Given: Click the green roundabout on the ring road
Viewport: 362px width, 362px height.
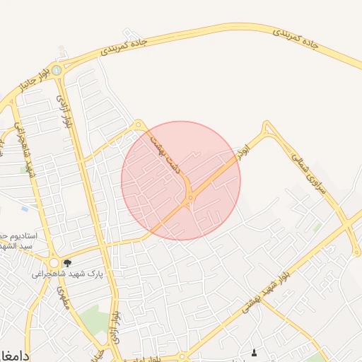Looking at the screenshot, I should (x=56, y=69).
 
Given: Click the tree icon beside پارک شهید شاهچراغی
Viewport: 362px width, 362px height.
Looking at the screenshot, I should (x=67, y=263).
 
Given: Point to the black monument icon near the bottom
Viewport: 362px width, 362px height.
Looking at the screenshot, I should (x=255, y=352).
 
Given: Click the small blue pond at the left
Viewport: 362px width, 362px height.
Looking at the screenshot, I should (x=25, y=209).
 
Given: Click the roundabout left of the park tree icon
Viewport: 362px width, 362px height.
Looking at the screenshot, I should (x=54, y=262).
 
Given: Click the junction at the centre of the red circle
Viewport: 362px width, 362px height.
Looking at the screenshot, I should (x=188, y=201).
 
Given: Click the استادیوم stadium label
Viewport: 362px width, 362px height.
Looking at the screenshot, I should (x=14, y=235).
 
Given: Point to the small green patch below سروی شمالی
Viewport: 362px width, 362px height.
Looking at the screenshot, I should (x=317, y=228).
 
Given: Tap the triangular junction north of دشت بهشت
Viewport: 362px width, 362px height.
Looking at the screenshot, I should (x=139, y=124).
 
